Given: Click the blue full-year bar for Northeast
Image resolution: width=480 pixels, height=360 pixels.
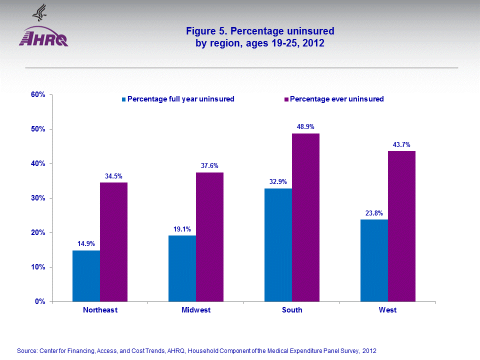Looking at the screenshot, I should click(x=86, y=276).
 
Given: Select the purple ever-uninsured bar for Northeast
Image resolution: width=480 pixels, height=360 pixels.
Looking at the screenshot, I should click(x=113, y=242).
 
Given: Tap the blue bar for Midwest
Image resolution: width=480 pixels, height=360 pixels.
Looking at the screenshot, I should click(x=182, y=268).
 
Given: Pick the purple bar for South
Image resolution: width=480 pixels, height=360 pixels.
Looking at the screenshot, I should click(x=305, y=217).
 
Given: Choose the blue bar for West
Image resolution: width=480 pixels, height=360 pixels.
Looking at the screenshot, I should click(x=374, y=260).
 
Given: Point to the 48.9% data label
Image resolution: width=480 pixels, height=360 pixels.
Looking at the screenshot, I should click(x=305, y=126).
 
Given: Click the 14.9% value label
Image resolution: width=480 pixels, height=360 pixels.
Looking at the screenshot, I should click(x=86, y=243).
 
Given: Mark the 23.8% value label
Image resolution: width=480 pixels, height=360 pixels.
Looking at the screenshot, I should click(x=374, y=213).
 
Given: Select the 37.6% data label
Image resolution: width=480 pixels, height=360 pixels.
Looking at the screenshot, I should click(x=209, y=165).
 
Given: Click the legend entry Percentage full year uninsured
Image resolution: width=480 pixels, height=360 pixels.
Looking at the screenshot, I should click(x=180, y=99).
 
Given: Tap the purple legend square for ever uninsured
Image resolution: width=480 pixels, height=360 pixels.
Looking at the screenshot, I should click(x=286, y=99).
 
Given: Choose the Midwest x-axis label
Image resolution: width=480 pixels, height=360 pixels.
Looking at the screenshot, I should click(x=196, y=310).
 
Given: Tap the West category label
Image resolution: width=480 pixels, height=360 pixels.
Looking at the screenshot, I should click(x=387, y=310).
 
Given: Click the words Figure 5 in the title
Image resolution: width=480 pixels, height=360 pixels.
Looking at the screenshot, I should click(x=206, y=31).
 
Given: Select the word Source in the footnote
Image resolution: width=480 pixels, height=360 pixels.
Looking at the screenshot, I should click(x=27, y=351).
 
